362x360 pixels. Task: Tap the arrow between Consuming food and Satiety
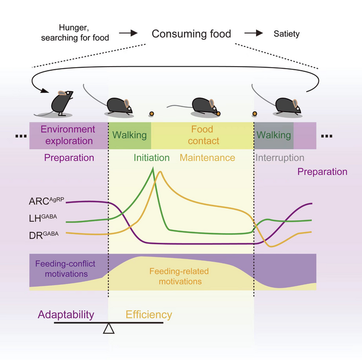(x=254, y=34)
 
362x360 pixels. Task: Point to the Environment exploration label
(x=68, y=135)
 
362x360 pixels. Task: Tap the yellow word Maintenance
(x=207, y=158)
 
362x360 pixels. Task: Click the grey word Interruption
(x=280, y=158)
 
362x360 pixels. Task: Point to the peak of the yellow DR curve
(x=161, y=171)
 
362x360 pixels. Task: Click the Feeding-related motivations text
(x=175, y=276)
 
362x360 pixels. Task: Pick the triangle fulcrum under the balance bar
(x=109, y=328)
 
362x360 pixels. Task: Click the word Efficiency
(x=149, y=315)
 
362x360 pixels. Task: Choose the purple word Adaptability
(x=66, y=315)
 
